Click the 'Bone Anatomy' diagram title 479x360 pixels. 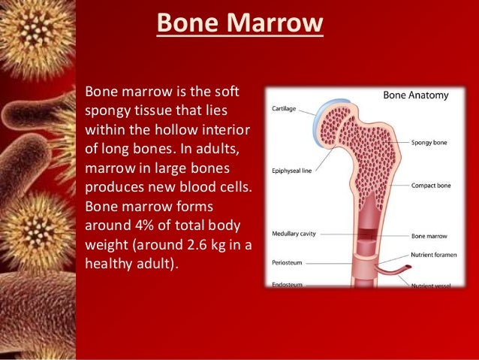[417, 96]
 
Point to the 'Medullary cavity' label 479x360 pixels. [294, 234]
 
